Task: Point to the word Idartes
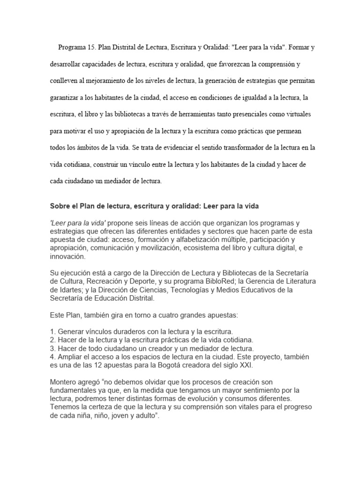(63, 290)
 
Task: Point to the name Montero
(64, 381)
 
